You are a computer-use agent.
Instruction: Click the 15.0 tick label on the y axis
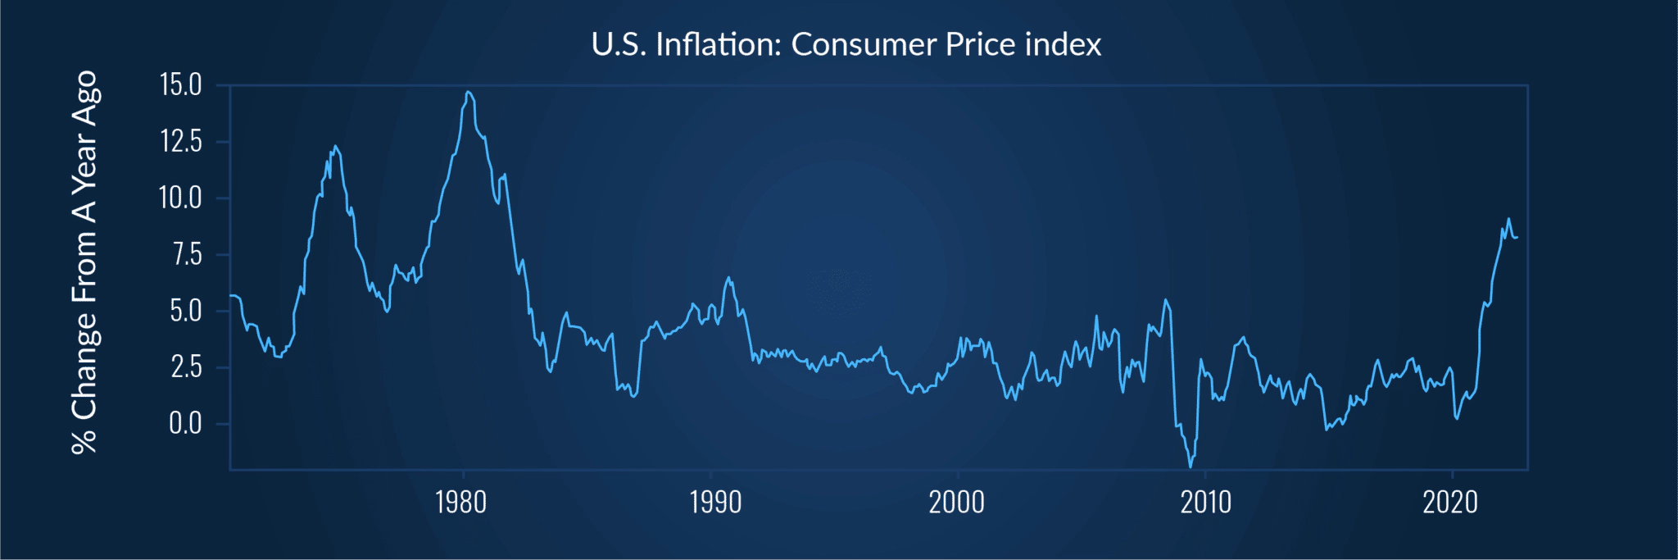pyautogui.click(x=180, y=84)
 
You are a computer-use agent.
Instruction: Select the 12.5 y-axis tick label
pyautogui.click(x=180, y=141)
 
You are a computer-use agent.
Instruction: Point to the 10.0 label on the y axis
pyautogui.click(x=180, y=198)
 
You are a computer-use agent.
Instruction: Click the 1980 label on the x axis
pyautogui.click(x=461, y=502)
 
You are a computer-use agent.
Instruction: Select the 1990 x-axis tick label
pyautogui.click(x=715, y=502)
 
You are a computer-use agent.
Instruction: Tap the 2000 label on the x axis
pyautogui.click(x=956, y=502)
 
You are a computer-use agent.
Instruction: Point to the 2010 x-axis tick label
pyautogui.click(x=1205, y=502)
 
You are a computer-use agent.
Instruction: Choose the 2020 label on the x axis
pyautogui.click(x=1450, y=502)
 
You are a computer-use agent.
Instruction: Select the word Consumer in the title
pyautogui.click(x=864, y=44)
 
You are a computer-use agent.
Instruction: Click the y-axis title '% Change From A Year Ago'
pyautogui.click(x=84, y=262)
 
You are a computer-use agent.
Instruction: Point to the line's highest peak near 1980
pyautogui.click(x=467, y=92)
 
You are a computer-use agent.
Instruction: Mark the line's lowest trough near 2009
pyautogui.click(x=1190, y=467)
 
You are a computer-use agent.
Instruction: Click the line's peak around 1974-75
pyautogui.click(x=335, y=146)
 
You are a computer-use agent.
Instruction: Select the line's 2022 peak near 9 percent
pyautogui.click(x=1508, y=219)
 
